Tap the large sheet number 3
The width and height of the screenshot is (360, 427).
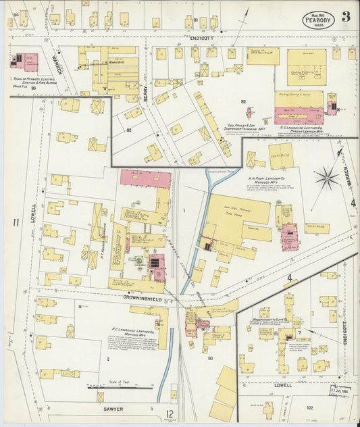(x=345, y=17)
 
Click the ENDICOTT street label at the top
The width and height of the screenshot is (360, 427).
(x=201, y=39)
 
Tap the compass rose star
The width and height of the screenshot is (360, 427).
(x=327, y=178)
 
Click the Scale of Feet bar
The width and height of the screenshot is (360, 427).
(x=120, y=388)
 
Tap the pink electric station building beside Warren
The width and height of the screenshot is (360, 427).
(x=25, y=63)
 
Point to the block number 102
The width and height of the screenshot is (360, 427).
(x=310, y=407)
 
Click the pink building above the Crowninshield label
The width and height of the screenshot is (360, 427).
(x=157, y=267)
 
